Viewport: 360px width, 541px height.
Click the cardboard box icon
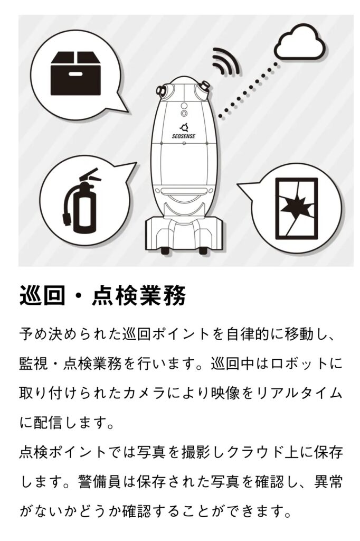[x=75, y=73]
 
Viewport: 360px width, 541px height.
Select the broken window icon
[x=296, y=208]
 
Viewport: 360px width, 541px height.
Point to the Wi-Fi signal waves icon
[x=226, y=61]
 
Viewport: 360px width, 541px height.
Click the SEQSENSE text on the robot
[x=184, y=136]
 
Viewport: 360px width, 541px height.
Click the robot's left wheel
[x=165, y=250]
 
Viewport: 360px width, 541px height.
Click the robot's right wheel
[x=203, y=250]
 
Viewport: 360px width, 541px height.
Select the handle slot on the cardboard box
[x=75, y=74]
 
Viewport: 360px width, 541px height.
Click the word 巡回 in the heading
[x=42, y=295]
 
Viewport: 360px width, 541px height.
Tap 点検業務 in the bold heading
[x=139, y=295]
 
